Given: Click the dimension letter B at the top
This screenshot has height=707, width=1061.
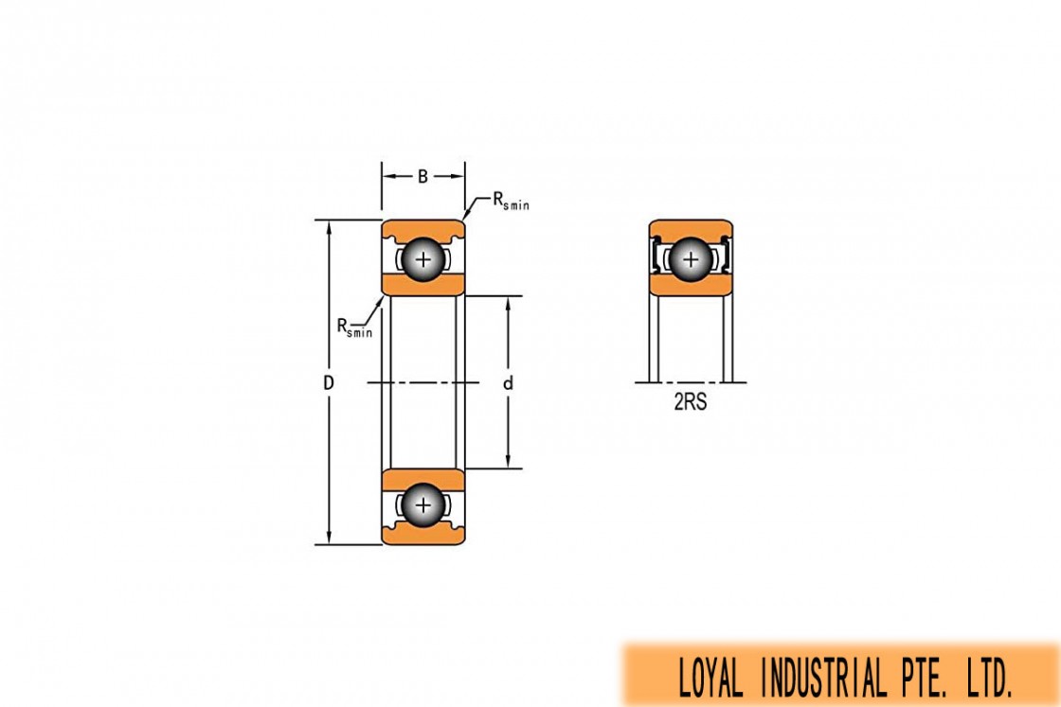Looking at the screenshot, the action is click(x=423, y=176).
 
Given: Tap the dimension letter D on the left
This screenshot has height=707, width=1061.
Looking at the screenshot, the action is click(x=328, y=383).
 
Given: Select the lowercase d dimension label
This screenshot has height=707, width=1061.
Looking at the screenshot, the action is click(x=508, y=383).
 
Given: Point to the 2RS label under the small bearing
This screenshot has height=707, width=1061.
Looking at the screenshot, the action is click(x=691, y=402).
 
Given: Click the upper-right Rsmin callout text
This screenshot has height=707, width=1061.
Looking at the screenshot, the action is click(x=511, y=201).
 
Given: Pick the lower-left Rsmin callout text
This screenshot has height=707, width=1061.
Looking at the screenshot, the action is click(x=354, y=327).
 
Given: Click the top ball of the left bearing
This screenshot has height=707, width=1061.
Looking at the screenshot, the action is click(x=423, y=259).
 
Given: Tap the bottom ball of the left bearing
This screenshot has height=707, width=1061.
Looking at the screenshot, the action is click(x=423, y=504).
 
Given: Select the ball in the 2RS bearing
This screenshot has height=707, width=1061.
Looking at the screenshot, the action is click(x=691, y=259).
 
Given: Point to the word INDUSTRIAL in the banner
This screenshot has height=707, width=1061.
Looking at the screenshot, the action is click(x=823, y=678).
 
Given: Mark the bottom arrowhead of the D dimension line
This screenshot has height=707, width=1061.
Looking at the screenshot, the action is click(x=329, y=538).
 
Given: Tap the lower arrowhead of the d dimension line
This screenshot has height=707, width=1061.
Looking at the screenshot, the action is click(x=508, y=461).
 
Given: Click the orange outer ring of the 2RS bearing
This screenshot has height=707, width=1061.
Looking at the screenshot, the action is click(x=691, y=227).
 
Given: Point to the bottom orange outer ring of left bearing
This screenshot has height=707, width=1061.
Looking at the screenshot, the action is click(x=423, y=536).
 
